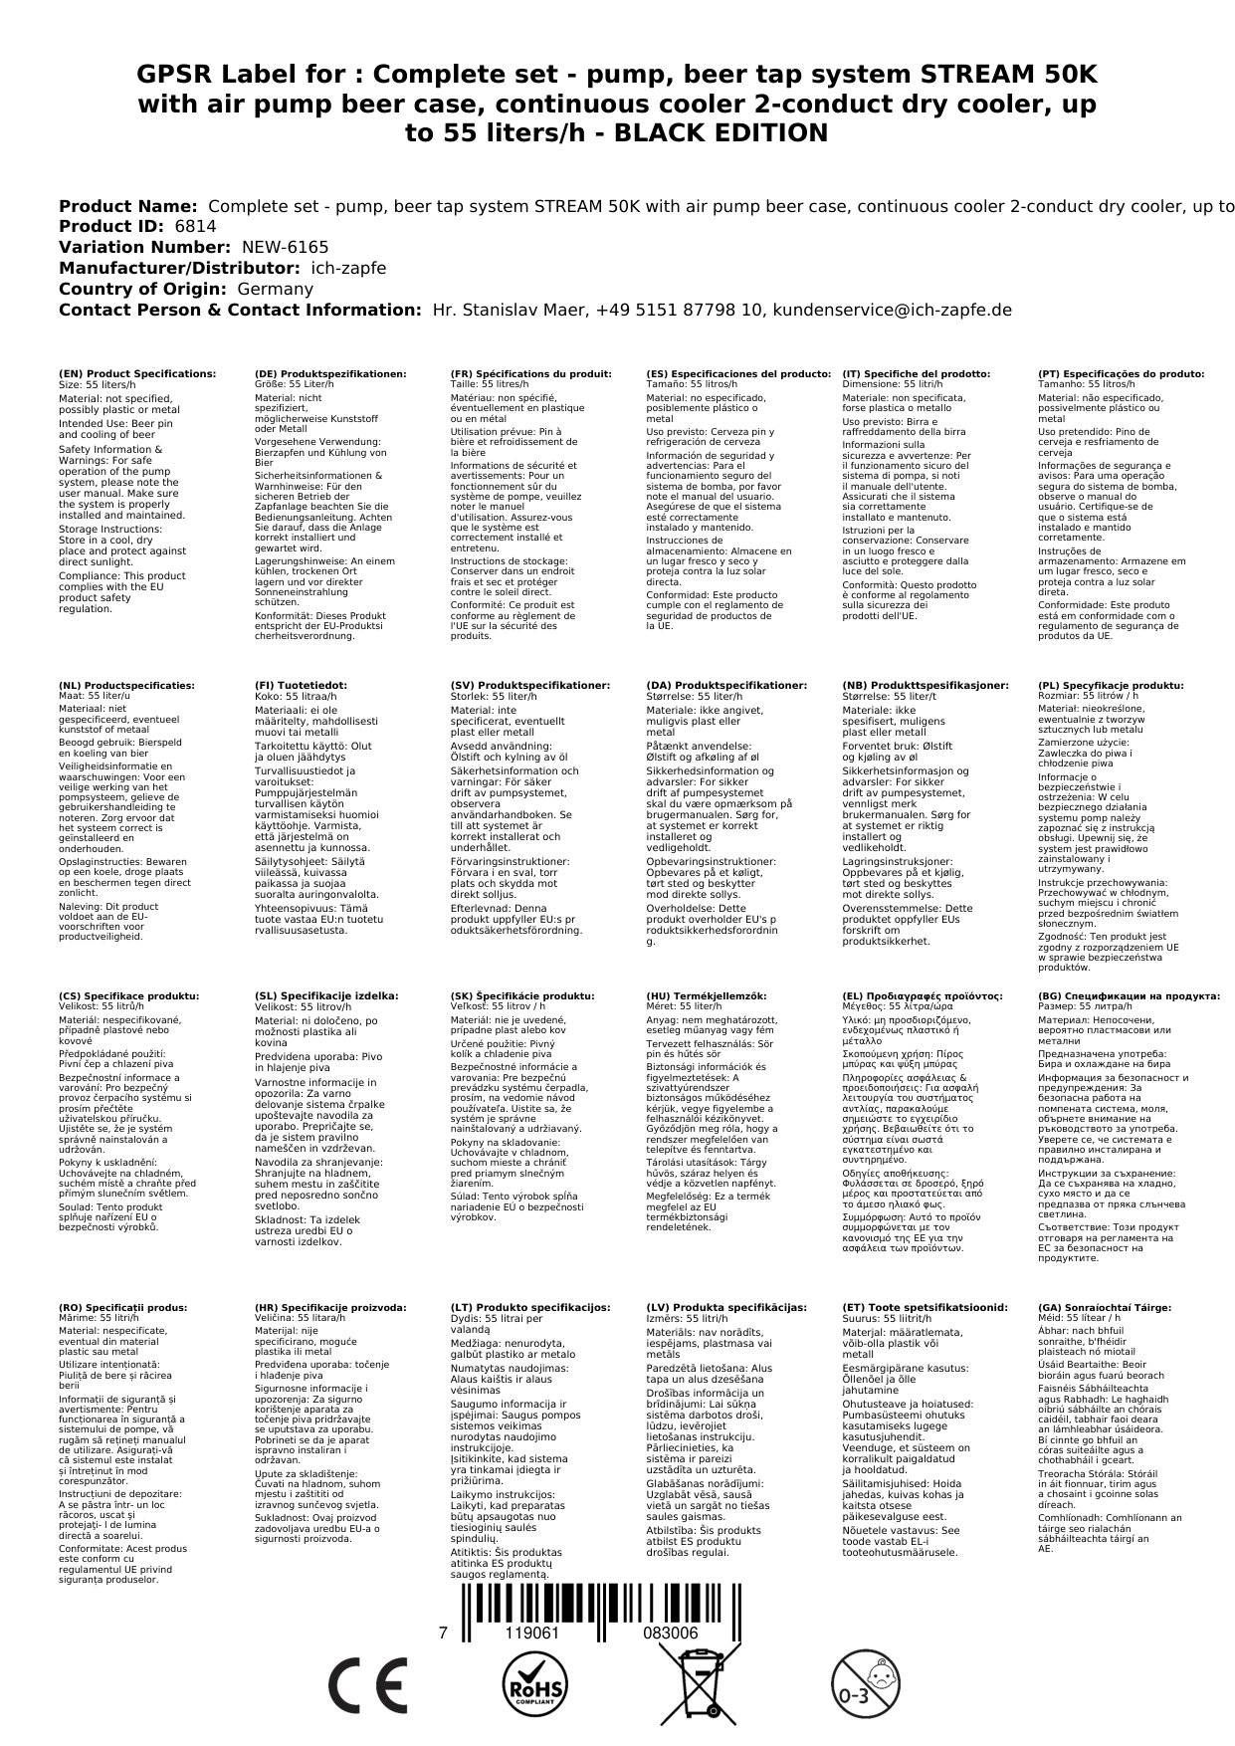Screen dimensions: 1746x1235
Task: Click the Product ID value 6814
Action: tap(195, 227)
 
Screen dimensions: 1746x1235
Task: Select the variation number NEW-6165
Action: tap(285, 247)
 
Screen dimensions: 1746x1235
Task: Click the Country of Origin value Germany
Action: tap(275, 289)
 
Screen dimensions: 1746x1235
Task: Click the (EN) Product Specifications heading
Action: tap(137, 374)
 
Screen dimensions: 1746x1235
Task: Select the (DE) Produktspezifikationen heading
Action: tap(330, 374)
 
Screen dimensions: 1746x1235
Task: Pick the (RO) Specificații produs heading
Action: tap(122, 1308)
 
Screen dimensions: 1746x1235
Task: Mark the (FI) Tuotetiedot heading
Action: tap(301, 686)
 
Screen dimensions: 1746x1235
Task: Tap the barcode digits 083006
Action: tap(670, 1634)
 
